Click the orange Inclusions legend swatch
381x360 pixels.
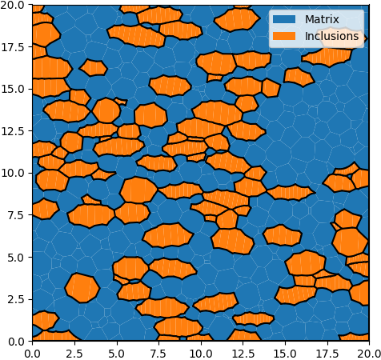[x=284, y=36]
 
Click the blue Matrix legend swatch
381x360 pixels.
[x=284, y=19]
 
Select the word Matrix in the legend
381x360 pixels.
[x=322, y=19]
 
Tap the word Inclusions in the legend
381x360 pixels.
[x=331, y=36]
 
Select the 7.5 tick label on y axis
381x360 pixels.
[x=17, y=215]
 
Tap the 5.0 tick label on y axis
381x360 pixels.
[x=17, y=257]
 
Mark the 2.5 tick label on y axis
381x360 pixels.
[x=17, y=299]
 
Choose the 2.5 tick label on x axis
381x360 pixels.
[x=74, y=354]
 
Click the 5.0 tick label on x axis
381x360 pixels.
[x=117, y=354]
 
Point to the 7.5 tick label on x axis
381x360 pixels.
[x=158, y=354]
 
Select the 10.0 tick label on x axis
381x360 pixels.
[x=201, y=354]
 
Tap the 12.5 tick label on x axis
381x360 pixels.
[x=243, y=354]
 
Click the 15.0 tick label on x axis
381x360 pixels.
[x=285, y=354]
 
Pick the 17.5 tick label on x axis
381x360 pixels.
[x=327, y=354]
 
